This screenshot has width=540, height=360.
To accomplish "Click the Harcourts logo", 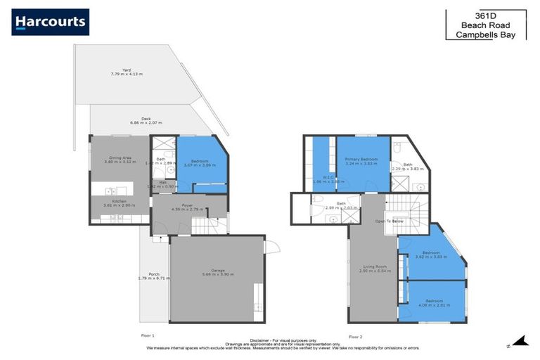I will point(50,22).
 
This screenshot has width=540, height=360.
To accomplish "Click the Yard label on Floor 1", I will point(126,70).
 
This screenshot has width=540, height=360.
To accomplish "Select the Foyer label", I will point(187,206).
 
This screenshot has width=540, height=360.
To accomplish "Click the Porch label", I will point(153,274).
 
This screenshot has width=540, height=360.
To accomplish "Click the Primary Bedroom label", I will point(361,160).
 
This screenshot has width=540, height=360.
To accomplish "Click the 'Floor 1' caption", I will point(148,335).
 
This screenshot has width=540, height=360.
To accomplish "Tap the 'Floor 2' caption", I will point(355,335).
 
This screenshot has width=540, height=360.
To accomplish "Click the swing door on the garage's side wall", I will point(272,247).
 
